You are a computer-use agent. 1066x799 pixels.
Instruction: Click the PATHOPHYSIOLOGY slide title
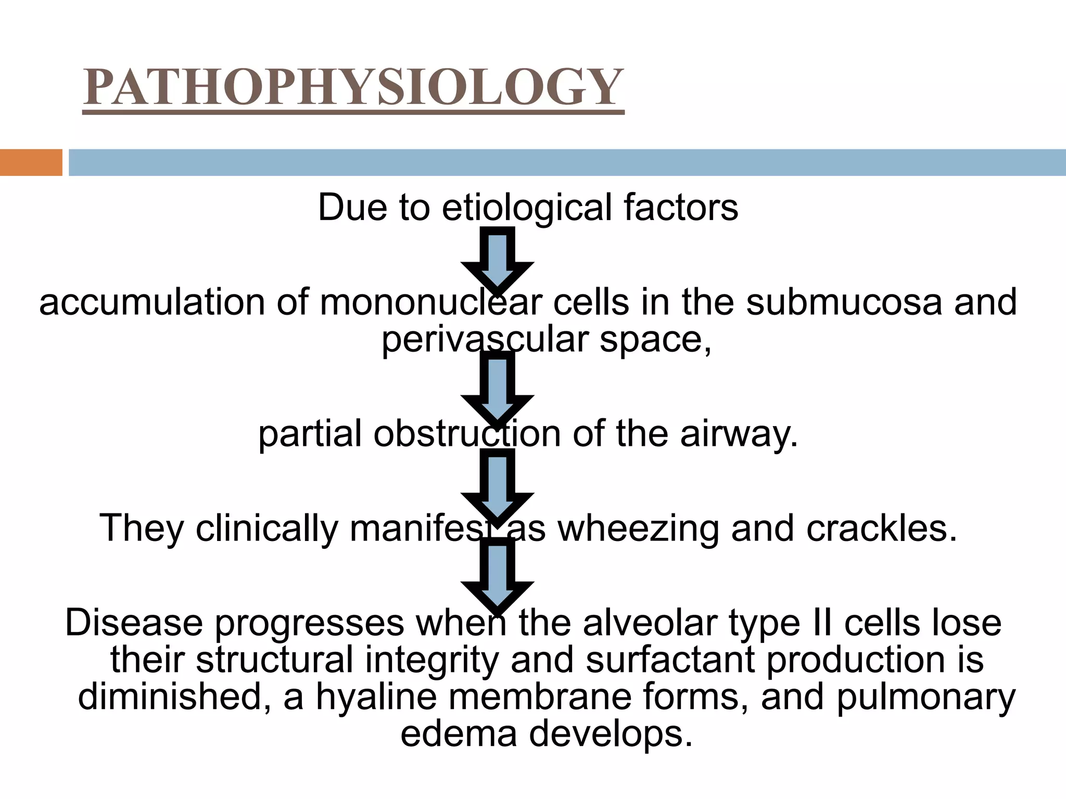353,87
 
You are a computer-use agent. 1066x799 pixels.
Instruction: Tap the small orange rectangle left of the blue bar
31,162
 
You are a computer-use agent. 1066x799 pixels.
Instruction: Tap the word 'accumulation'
151,303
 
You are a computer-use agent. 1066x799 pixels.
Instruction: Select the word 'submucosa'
844,303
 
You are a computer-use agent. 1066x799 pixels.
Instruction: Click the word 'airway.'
739,434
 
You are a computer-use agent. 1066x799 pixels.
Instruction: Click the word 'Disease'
133,623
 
